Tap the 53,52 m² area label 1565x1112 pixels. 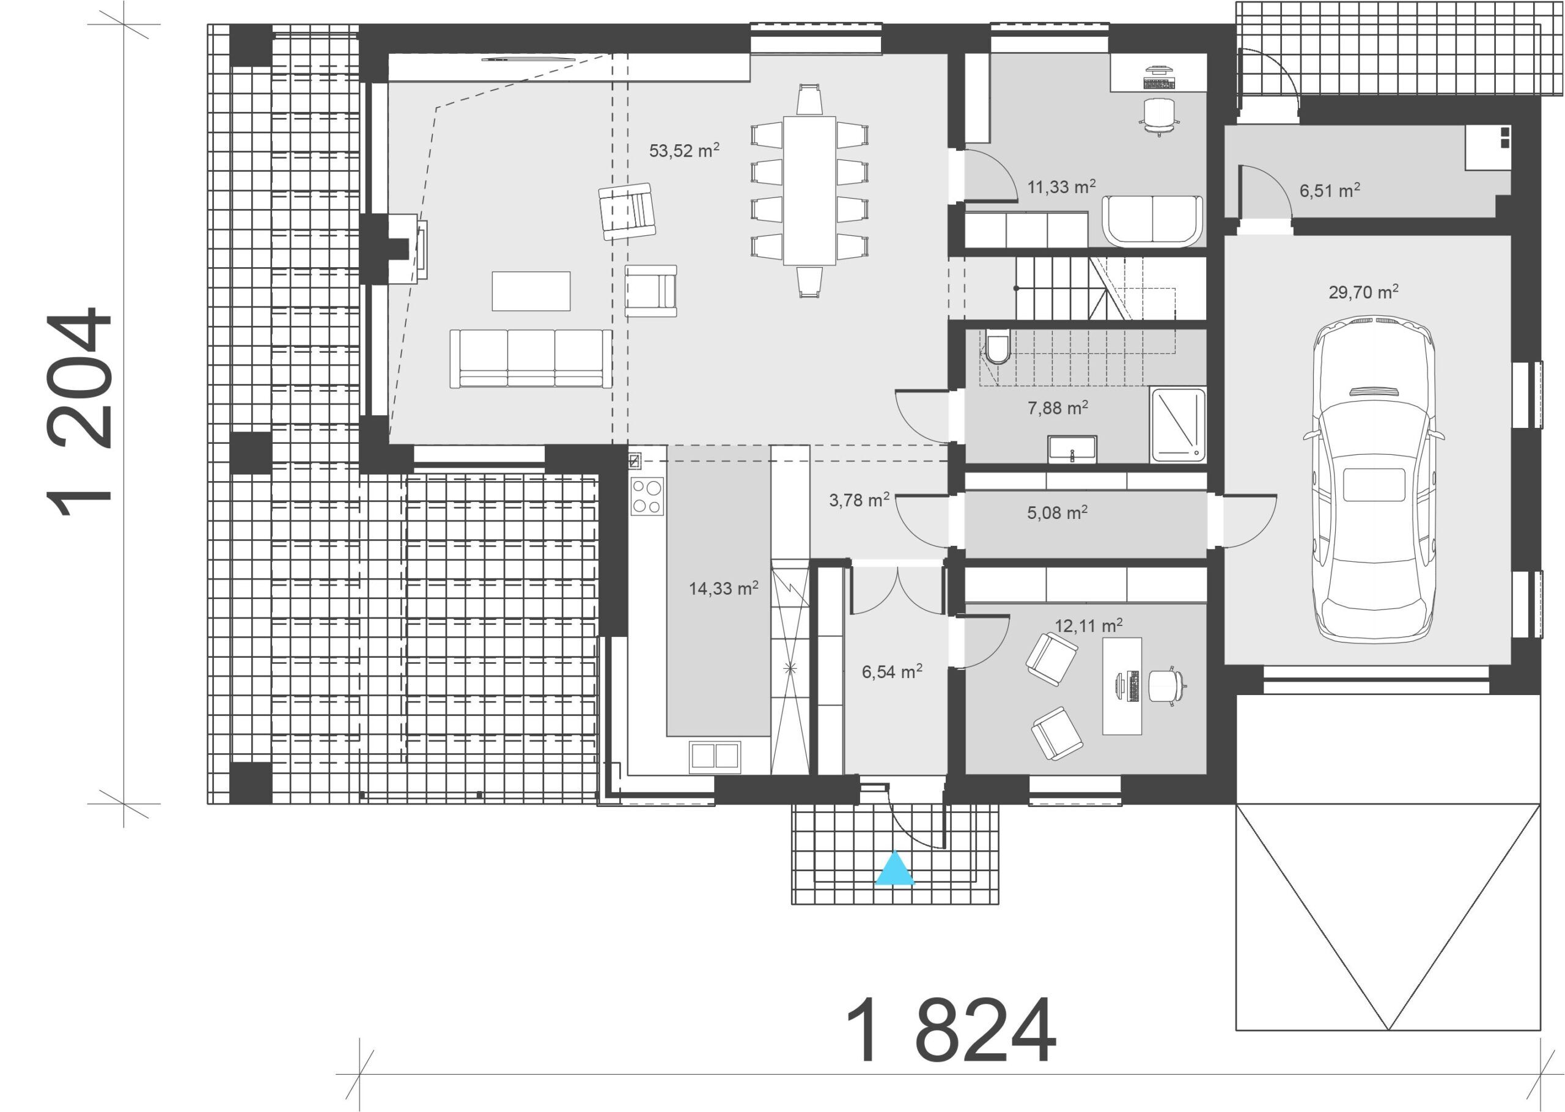pyautogui.click(x=684, y=150)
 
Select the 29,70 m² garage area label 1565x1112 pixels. pyautogui.click(x=1363, y=292)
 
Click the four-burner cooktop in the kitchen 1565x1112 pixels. pyautogui.click(x=647, y=496)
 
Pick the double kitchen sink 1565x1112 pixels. pyautogui.click(x=715, y=755)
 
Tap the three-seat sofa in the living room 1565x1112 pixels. pyautogui.click(x=531, y=359)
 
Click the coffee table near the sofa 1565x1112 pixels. pyautogui.click(x=531, y=291)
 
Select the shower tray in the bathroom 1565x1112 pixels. pyautogui.click(x=1178, y=424)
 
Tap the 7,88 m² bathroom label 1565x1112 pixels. pyautogui.click(x=1058, y=408)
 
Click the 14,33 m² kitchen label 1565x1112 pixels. pyautogui.click(x=723, y=588)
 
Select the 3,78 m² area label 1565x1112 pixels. pyautogui.click(x=859, y=500)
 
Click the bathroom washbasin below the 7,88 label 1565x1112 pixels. pyautogui.click(x=1072, y=449)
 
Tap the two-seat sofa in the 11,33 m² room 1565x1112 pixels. pyautogui.click(x=1152, y=221)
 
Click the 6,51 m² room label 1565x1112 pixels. pyautogui.click(x=1330, y=190)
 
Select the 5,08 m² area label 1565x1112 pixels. pyautogui.click(x=1057, y=513)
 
